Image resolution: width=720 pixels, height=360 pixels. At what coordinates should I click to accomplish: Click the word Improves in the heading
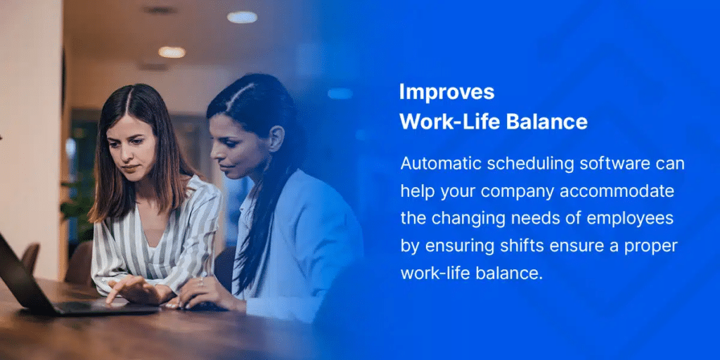pyautogui.click(x=446, y=93)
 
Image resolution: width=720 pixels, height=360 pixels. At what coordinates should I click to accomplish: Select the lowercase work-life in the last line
pyautogui.click(x=432, y=274)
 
